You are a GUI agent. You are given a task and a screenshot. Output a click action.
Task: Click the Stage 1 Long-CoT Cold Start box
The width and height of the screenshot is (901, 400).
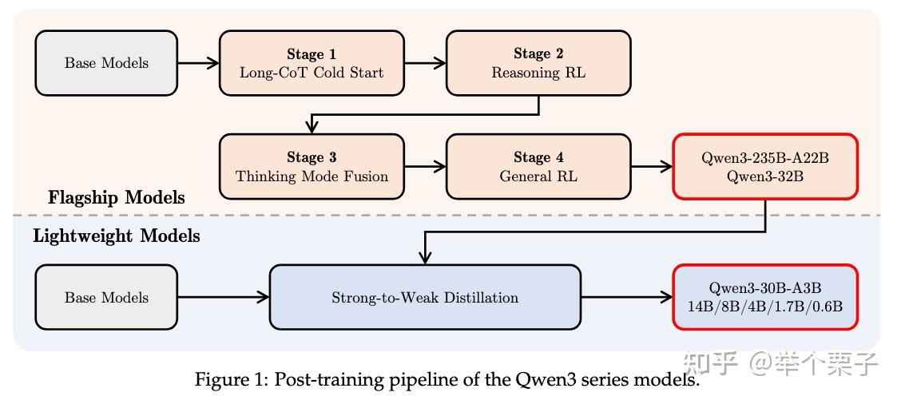[x=312, y=63]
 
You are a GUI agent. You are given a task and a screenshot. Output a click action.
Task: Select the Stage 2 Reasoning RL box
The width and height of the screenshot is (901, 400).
[x=538, y=63]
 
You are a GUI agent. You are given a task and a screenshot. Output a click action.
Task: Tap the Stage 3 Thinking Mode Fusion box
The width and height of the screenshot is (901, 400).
[x=312, y=166]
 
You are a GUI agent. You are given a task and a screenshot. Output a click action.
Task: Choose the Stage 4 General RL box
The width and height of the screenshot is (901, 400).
[x=538, y=166]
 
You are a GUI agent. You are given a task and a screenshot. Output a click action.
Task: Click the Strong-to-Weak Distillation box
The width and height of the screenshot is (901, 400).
[x=425, y=298]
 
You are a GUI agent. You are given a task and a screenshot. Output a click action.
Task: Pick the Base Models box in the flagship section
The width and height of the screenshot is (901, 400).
[x=106, y=63]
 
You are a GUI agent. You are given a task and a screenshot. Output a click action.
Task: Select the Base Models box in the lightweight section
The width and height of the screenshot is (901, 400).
[x=106, y=298]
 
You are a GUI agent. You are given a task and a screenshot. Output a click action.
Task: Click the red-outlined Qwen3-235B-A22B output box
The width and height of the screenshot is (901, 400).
[x=765, y=166]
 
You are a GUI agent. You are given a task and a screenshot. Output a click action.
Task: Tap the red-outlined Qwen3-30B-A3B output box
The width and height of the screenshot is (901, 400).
[x=765, y=298]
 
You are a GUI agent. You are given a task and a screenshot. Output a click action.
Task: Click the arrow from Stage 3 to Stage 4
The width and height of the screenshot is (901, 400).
[x=425, y=166]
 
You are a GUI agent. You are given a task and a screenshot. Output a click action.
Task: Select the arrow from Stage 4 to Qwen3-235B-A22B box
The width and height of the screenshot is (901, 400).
[x=651, y=166]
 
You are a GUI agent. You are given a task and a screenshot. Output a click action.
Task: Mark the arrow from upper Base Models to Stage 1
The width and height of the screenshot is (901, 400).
[x=198, y=63]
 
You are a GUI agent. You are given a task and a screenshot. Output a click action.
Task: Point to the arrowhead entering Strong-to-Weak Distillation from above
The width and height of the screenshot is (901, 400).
[x=425, y=256]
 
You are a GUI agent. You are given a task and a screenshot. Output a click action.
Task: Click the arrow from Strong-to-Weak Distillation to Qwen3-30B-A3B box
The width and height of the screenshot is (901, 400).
[x=627, y=298]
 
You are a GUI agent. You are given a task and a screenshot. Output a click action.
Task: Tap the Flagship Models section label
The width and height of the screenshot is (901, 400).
[x=117, y=197]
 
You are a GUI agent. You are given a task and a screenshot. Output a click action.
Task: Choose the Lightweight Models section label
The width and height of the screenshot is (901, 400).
[x=117, y=236]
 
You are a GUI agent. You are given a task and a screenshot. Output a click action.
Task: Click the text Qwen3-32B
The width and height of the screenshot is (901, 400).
[x=765, y=176]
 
